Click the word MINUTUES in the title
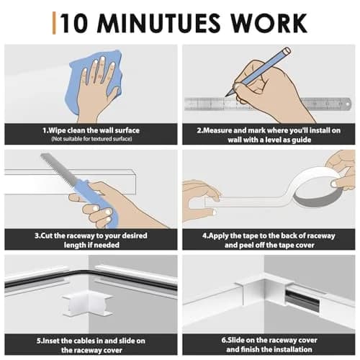(x=158, y=23)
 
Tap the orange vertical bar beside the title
(x=54, y=23)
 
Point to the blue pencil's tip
(x=226, y=96)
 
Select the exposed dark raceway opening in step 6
(x=302, y=300)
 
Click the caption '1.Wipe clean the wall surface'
(x=91, y=130)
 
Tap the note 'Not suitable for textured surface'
(x=91, y=139)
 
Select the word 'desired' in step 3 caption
(x=135, y=235)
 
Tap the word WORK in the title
(x=269, y=23)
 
